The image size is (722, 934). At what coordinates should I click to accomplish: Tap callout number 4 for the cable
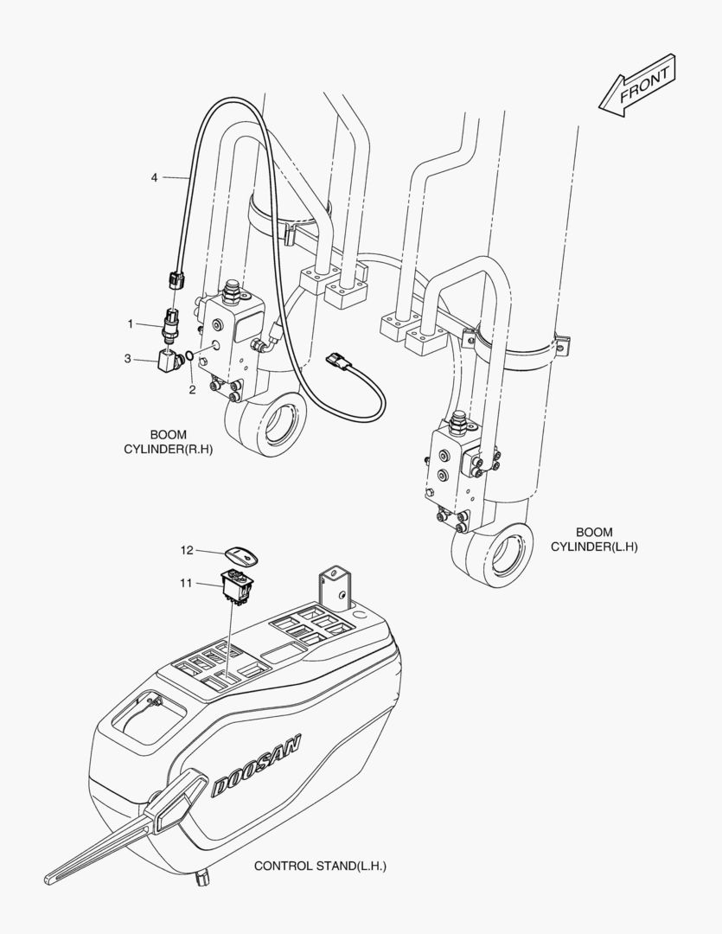tap(154, 177)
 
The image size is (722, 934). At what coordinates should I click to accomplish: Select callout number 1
tap(130, 324)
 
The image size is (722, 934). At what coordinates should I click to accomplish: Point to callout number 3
tap(127, 359)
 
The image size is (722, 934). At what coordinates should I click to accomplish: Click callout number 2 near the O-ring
tap(192, 390)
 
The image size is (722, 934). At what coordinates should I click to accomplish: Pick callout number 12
tap(187, 550)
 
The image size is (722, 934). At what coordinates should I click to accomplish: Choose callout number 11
tap(187, 583)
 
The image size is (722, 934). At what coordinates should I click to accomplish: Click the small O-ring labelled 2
tap(188, 356)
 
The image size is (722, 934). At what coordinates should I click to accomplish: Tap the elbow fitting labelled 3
tap(169, 361)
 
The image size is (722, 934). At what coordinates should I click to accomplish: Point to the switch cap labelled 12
tap(242, 557)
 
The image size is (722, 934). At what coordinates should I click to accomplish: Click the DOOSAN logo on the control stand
tap(256, 765)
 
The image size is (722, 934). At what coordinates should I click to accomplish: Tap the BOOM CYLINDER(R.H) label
tap(168, 442)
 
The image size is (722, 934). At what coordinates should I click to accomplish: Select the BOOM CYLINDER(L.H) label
tap(594, 539)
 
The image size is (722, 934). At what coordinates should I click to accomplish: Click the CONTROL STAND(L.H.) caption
tap(320, 866)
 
